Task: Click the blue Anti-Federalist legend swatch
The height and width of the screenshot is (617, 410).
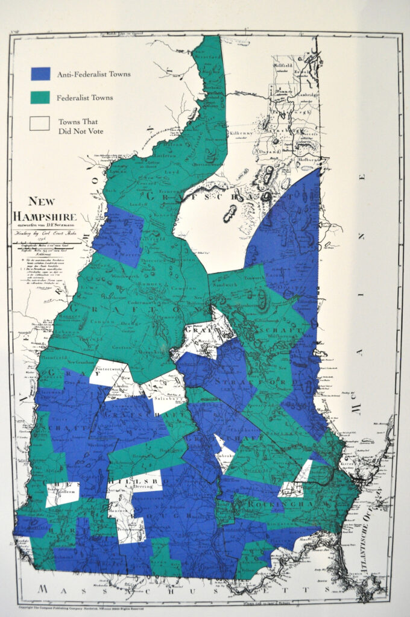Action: (x=40, y=74)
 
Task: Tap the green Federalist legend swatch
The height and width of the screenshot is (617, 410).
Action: (x=40, y=96)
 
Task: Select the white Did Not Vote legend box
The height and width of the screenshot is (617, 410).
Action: (x=40, y=123)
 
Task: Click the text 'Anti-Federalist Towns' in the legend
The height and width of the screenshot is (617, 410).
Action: (x=93, y=74)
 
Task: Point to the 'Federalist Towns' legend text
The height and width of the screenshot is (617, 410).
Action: (x=84, y=97)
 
